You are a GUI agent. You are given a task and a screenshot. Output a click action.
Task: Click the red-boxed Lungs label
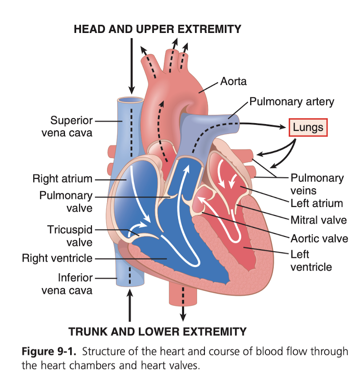point(308,127)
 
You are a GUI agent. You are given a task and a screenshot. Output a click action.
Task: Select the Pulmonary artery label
point(291,101)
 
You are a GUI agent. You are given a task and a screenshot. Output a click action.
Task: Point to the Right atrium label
point(62,179)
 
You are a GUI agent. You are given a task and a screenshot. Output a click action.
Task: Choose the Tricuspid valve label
point(70,236)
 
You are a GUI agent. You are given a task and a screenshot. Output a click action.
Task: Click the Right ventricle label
point(57,258)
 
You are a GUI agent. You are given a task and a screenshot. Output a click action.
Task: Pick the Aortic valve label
point(319,238)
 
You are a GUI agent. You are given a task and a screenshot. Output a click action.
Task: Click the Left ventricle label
point(311,261)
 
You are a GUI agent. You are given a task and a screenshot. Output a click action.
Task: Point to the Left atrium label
point(316,204)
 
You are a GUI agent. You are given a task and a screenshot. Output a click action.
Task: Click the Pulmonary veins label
point(317,184)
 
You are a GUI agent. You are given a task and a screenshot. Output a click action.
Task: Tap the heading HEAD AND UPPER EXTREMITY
point(157,29)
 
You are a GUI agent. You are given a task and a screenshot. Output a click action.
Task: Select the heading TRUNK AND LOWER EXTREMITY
point(157,331)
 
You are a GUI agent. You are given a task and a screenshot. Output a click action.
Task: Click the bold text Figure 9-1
point(49,352)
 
